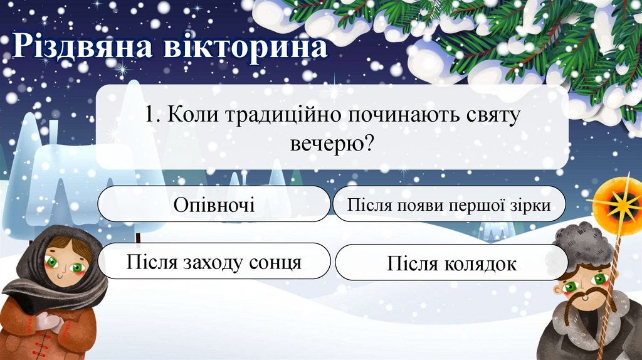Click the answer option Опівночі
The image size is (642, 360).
[x=214, y=204]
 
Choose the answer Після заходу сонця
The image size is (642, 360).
[x=214, y=262]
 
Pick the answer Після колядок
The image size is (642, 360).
[x=451, y=263]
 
